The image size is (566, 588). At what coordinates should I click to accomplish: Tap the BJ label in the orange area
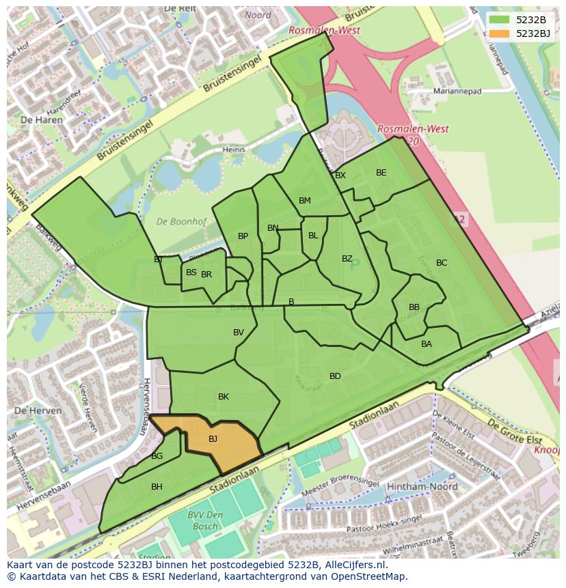213,439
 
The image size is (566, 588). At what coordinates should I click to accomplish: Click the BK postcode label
224,397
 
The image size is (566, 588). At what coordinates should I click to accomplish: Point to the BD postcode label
335,376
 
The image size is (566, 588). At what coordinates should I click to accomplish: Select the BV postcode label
239,333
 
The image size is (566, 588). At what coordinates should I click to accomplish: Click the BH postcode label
157,487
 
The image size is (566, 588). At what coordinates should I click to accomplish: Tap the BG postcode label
157,456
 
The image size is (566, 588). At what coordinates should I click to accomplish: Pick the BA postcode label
427,344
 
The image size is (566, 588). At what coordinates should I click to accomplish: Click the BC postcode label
442,263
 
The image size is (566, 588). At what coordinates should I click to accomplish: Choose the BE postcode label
381,173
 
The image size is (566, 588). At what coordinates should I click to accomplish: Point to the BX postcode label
340,176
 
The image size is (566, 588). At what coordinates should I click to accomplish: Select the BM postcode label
305,201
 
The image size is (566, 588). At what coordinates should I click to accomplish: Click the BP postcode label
243,236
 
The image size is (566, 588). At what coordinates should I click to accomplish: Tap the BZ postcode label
347,259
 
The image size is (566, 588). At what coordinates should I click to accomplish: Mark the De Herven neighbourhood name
38,411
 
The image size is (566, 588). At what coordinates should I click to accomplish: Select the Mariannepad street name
457,91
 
